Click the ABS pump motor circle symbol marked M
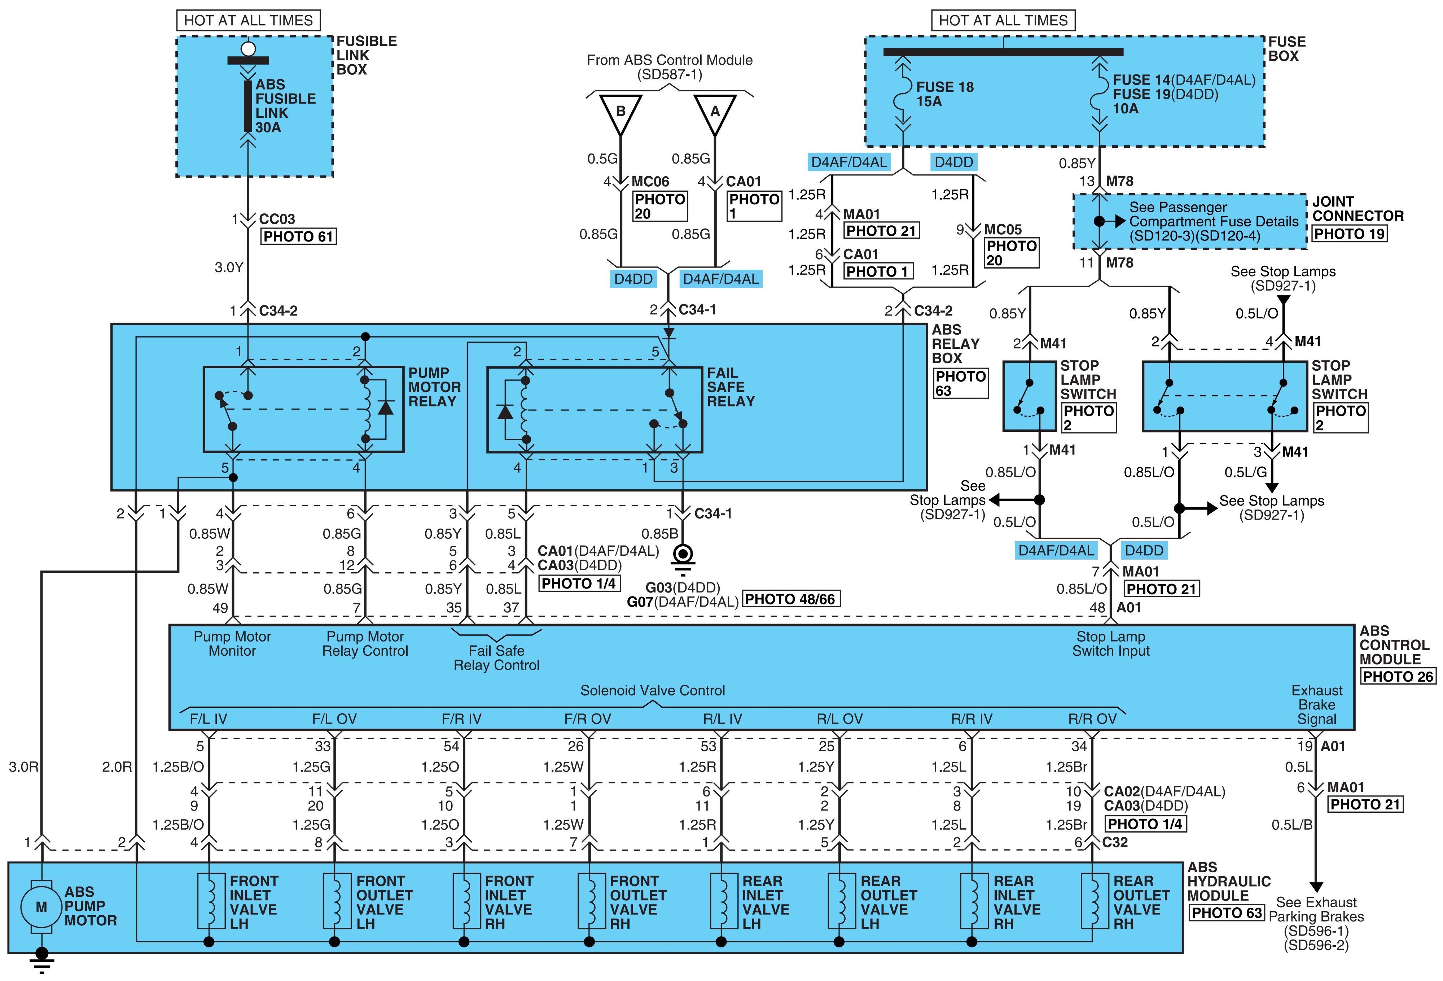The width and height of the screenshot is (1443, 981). click(41, 907)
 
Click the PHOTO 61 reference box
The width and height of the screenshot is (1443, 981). click(298, 237)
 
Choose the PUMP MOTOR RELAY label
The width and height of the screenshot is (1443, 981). click(434, 387)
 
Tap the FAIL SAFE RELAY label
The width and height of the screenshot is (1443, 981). click(731, 387)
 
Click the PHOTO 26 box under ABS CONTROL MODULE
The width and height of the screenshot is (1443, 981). click(1398, 677)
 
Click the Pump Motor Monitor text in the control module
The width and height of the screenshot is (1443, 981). click(232, 644)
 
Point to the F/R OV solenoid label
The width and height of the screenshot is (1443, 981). click(587, 719)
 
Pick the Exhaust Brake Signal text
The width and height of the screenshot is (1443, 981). click(1316, 704)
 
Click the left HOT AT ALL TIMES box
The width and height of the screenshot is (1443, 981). click(248, 21)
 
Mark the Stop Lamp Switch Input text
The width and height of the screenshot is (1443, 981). click(1111, 644)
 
